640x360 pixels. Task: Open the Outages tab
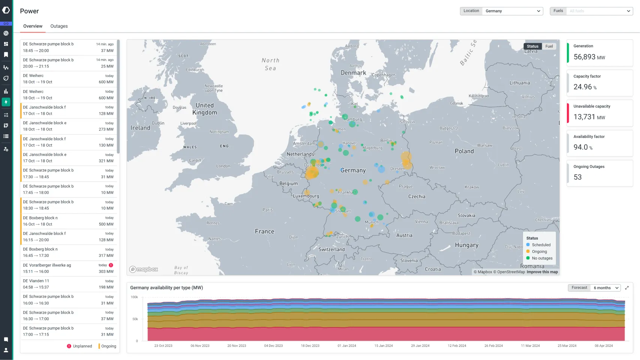tap(59, 26)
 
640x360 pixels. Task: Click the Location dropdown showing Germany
tap(512, 11)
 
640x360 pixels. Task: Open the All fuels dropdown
tap(599, 11)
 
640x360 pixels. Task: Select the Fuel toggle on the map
tap(549, 46)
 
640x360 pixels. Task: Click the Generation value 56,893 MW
tap(589, 57)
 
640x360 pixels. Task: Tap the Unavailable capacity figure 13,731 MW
tap(589, 117)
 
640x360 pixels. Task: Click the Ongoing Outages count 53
tap(577, 177)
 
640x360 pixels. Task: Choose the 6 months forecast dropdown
tap(606, 288)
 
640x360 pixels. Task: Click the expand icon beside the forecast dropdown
tap(627, 288)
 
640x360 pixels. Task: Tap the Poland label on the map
tap(464, 151)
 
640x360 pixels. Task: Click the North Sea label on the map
tap(270, 64)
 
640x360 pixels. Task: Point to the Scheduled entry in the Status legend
tap(541, 245)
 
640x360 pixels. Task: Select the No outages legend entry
tap(542, 258)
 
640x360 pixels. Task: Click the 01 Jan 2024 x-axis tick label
tap(346, 346)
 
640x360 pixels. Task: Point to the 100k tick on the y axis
tap(134, 297)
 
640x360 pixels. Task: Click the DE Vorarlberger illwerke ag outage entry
tap(68, 268)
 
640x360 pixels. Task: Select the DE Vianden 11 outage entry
tap(68, 284)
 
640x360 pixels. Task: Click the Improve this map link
tap(542, 272)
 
